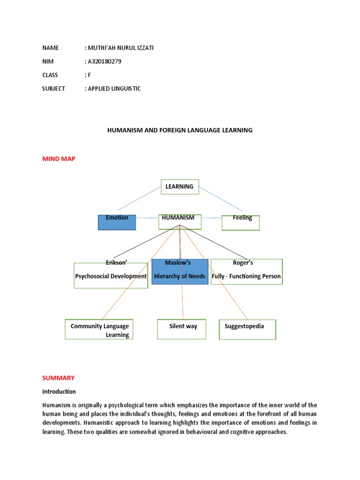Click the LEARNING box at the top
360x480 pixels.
pos(180,187)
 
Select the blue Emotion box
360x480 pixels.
pos(117,222)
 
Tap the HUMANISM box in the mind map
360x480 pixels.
pos(180,222)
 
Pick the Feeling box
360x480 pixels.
pos(240,223)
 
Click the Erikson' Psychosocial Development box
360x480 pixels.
pos(111,273)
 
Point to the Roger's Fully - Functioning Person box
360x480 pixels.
pos(247,272)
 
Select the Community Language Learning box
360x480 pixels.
pos(99,329)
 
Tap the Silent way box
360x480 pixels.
pos(181,329)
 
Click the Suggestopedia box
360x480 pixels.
pos(247,330)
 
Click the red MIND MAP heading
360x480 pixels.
pos(59,159)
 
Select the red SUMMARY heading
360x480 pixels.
pos(58,377)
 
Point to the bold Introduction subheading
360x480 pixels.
pos(59,391)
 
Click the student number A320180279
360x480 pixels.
pos(104,61)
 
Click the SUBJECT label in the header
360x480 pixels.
pos(53,88)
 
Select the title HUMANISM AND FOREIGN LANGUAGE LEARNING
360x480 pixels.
pos(180,130)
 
